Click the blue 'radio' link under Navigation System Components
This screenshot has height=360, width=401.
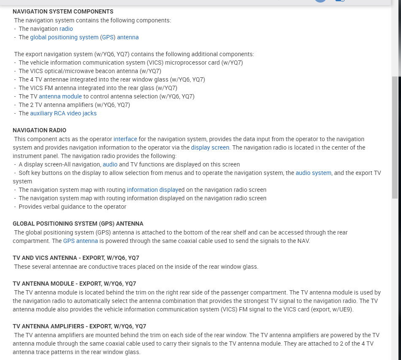tap(66, 29)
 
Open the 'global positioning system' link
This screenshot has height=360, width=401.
tap(64, 37)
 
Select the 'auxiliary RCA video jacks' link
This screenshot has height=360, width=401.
tap(63, 113)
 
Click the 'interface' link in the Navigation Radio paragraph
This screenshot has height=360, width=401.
tap(125, 139)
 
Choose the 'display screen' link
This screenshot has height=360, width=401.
tap(210, 147)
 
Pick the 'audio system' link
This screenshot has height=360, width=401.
tap(314, 173)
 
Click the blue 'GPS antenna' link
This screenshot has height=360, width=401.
tap(81, 241)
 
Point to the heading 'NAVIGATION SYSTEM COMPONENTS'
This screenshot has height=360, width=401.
tap(63, 11)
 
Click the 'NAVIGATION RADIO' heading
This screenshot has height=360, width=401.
tap(39, 130)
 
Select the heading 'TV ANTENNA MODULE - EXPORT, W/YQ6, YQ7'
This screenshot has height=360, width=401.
tap(74, 284)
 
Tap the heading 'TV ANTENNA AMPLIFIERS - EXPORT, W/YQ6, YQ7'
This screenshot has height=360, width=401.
tap(79, 326)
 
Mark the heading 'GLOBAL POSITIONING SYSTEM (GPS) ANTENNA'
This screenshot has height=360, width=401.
tap(78, 224)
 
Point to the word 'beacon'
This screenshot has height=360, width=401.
tap(112, 71)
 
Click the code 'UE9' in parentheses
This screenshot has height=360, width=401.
tap(344, 309)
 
